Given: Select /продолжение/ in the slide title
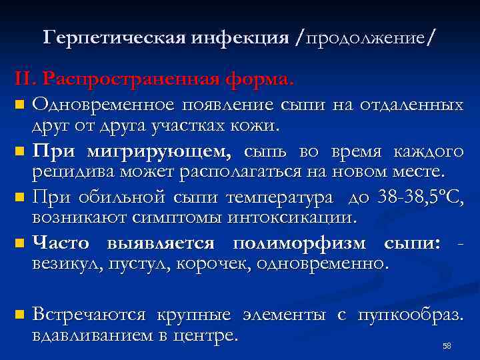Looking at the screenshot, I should [364, 38].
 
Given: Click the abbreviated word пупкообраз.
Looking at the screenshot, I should [410, 314].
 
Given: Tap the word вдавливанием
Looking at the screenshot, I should [88, 334].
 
